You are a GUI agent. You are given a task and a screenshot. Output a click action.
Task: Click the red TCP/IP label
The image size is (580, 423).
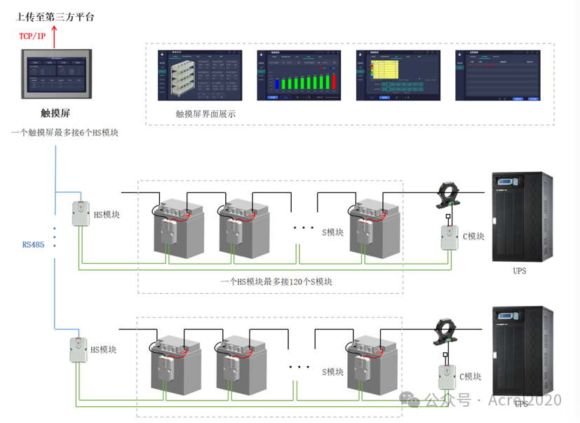32,36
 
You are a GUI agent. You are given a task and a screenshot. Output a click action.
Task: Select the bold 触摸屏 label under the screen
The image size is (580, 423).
55,113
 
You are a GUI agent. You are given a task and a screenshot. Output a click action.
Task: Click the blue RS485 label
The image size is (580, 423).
33,245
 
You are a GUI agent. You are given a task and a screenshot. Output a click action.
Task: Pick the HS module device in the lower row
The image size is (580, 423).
78,349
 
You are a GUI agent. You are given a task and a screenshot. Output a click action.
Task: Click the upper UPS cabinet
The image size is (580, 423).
519,216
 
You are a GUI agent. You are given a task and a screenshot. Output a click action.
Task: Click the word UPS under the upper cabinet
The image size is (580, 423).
519,271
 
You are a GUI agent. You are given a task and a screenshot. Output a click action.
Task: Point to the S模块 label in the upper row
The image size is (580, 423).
332,233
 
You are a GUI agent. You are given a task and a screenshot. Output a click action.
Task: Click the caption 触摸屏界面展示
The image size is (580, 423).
205,114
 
